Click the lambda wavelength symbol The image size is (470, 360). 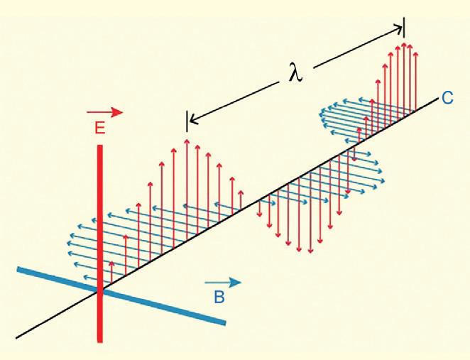point(295,72)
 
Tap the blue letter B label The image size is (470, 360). point(219,298)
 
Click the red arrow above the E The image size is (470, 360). point(104,112)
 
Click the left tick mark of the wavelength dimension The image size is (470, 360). point(187,121)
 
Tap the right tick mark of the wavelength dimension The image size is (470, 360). point(403,26)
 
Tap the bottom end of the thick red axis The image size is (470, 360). point(101,341)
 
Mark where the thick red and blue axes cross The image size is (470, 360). point(101,290)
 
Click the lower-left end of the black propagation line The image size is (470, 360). point(16,337)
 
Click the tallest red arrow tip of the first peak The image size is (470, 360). point(187,141)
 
